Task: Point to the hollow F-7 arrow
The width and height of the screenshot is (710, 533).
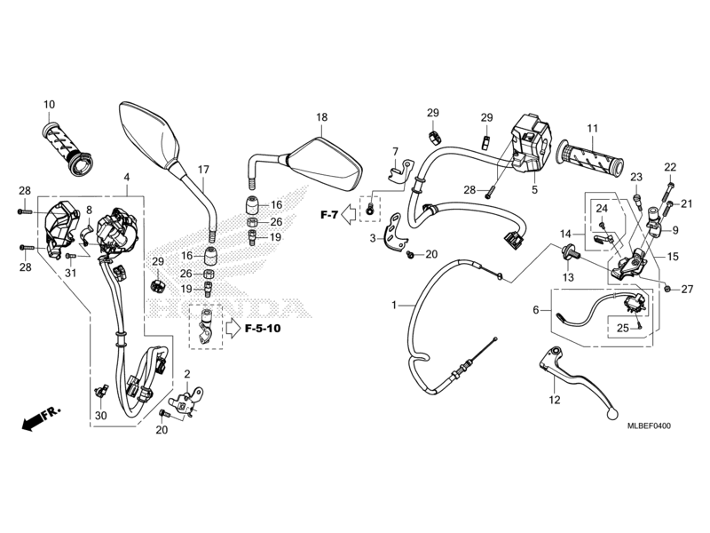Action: (348, 214)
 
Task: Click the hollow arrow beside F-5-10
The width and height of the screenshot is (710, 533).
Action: (233, 328)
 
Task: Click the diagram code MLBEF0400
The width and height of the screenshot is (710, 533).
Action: (649, 426)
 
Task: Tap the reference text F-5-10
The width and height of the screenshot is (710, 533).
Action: (263, 328)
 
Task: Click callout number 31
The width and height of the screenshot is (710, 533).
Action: (71, 273)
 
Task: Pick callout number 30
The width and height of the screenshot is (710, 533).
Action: (101, 415)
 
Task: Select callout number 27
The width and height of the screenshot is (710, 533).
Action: (687, 289)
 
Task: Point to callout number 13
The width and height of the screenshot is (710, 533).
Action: (568, 277)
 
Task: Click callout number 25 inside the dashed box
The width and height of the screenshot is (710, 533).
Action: (623, 327)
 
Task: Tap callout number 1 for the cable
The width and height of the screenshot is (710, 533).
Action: (394, 305)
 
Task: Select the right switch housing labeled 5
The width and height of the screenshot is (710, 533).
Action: (530, 143)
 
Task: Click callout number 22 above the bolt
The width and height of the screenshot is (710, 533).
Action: (670, 167)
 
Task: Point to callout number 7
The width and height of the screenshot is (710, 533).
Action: (395, 151)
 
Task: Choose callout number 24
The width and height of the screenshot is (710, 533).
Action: (602, 209)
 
